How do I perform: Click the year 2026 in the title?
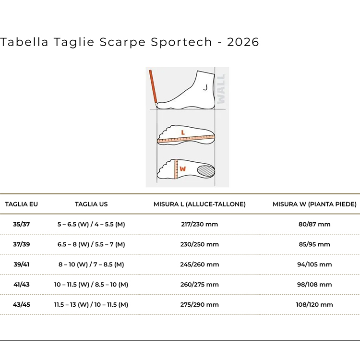(243, 42)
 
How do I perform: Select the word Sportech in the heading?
(181, 43)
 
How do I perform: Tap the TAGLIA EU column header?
(21, 204)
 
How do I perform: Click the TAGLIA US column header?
(91, 204)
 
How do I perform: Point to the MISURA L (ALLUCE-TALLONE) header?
(200, 204)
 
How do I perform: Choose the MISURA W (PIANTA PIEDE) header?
(314, 204)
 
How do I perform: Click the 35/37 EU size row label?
(21, 224)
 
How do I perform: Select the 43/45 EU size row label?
(21, 304)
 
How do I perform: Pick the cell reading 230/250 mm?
(200, 244)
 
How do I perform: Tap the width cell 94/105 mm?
(314, 264)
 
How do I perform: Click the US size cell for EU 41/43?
(91, 285)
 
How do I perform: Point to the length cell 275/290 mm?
(200, 304)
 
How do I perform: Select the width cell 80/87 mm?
(314, 224)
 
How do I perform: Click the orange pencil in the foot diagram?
(153, 88)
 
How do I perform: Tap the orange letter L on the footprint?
(183, 132)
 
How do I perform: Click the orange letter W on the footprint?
(182, 169)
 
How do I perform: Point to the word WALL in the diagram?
(221, 89)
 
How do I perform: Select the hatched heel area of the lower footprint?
(206, 170)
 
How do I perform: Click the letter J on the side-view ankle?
(205, 87)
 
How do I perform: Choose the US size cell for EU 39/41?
(91, 264)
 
